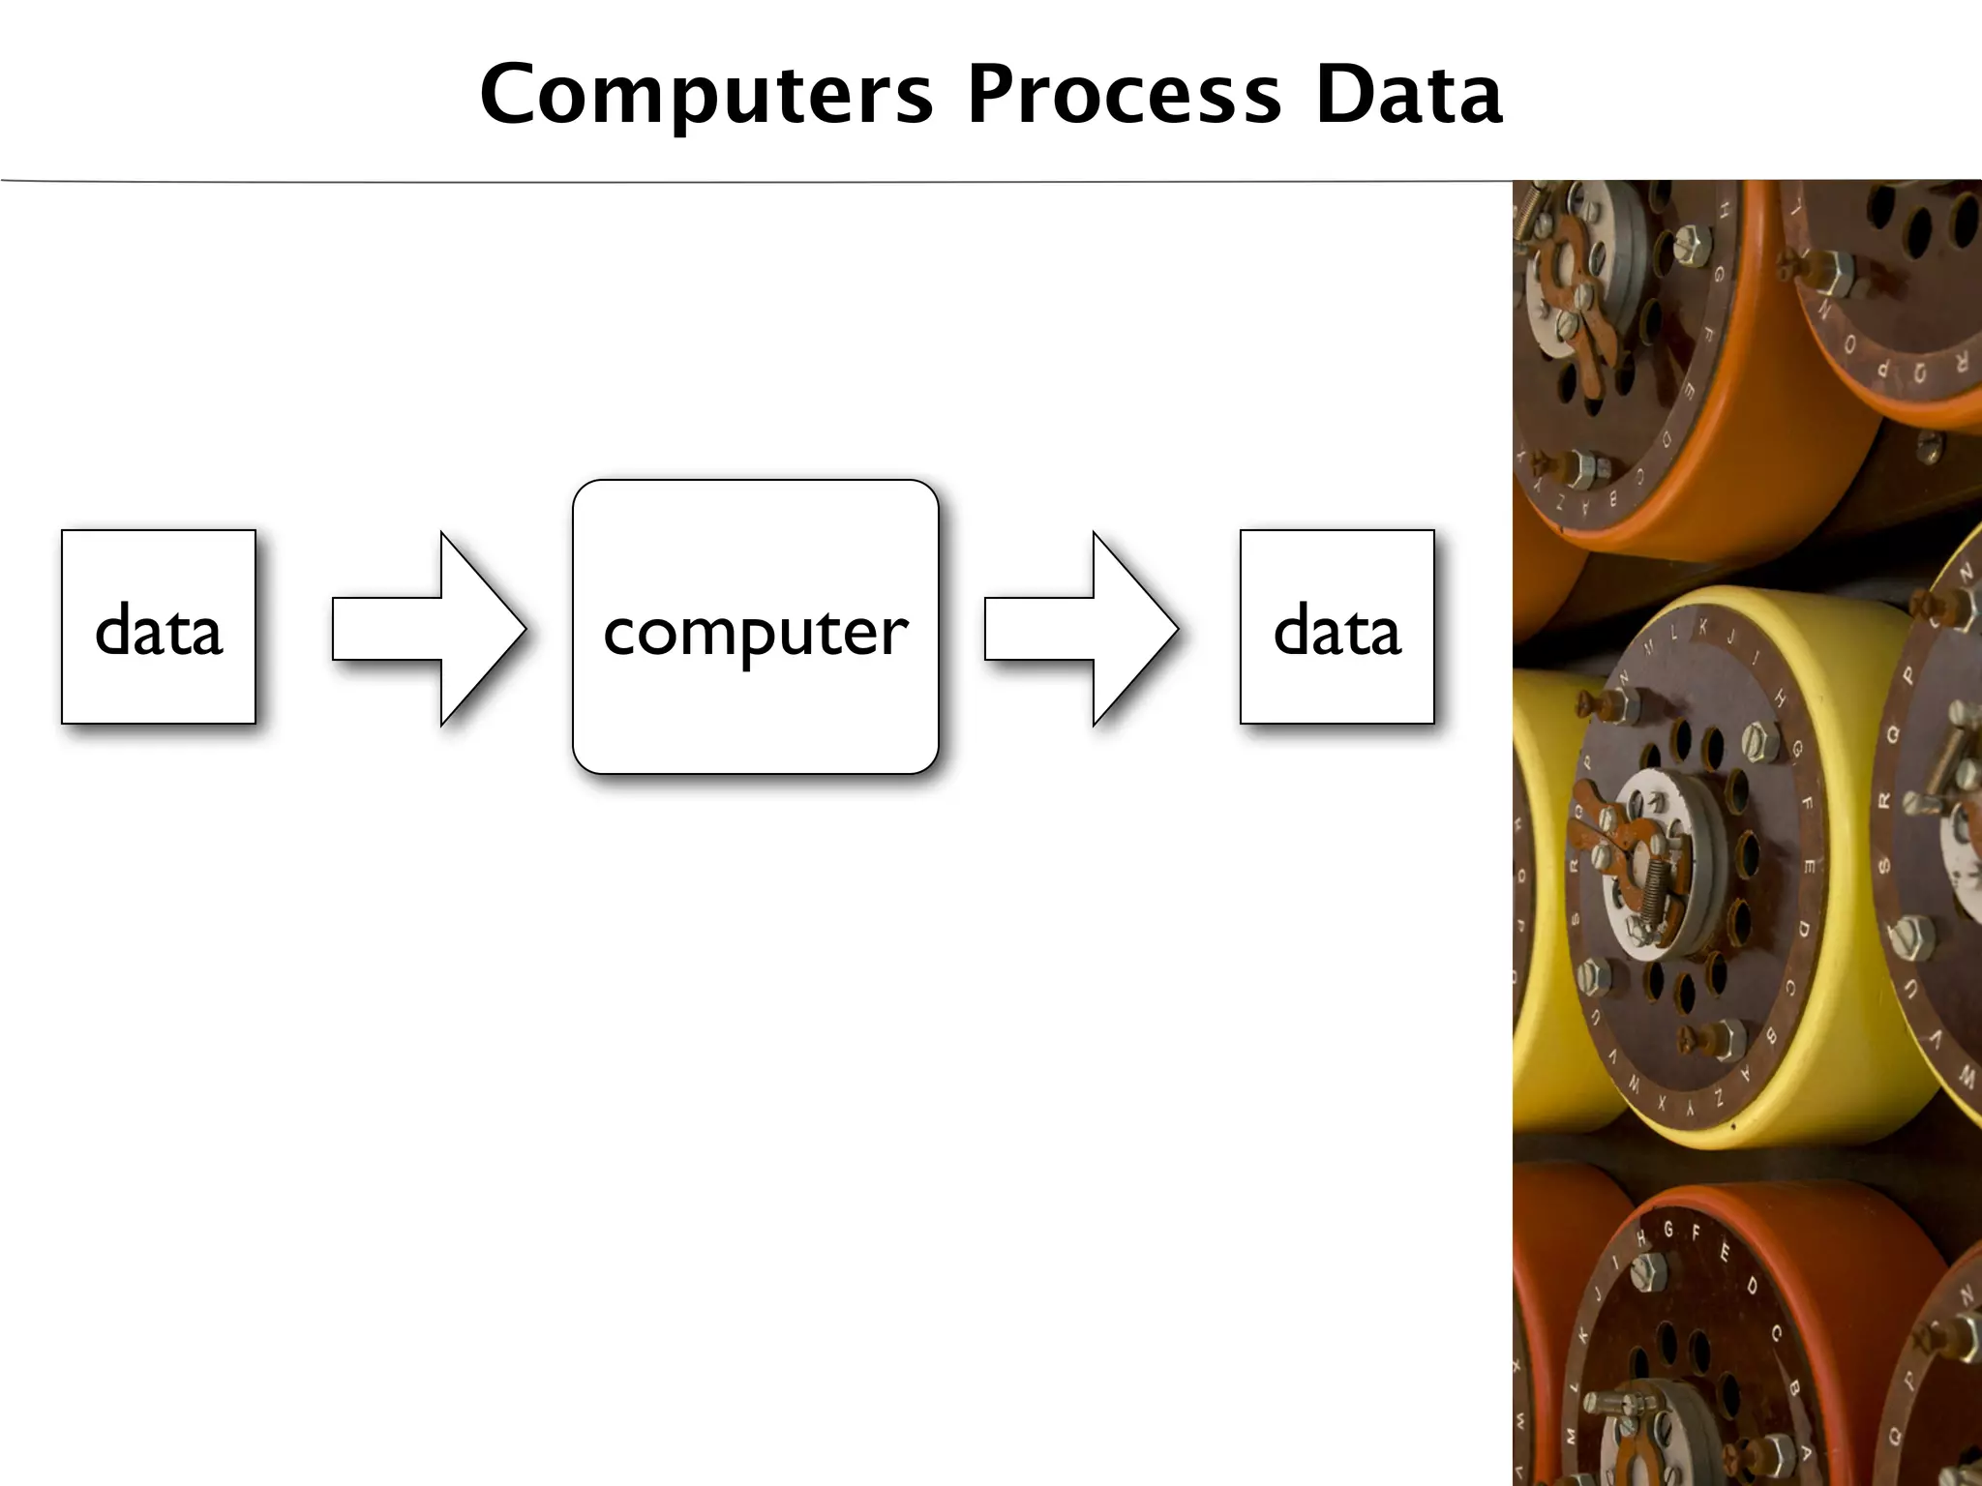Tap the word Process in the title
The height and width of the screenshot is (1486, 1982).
point(1125,94)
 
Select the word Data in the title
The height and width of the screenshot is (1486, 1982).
point(1409,94)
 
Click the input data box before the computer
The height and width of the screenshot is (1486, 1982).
point(159,627)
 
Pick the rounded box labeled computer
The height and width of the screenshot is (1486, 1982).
point(755,627)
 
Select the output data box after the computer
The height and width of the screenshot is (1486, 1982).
point(1336,627)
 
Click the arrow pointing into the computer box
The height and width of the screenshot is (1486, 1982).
point(429,629)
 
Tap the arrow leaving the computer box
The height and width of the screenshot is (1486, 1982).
point(1081,629)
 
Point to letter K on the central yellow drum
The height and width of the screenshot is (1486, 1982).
point(1703,628)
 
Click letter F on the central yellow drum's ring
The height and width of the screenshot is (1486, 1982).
point(1806,803)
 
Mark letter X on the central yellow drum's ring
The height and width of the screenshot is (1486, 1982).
point(1663,1102)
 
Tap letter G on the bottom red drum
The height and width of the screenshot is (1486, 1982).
point(1668,1230)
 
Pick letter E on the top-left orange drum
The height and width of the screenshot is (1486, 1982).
point(1690,392)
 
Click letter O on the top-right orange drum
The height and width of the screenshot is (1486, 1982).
point(1850,346)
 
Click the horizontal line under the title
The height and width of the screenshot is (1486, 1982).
point(755,181)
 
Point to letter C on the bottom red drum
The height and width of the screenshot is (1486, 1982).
point(1777,1333)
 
